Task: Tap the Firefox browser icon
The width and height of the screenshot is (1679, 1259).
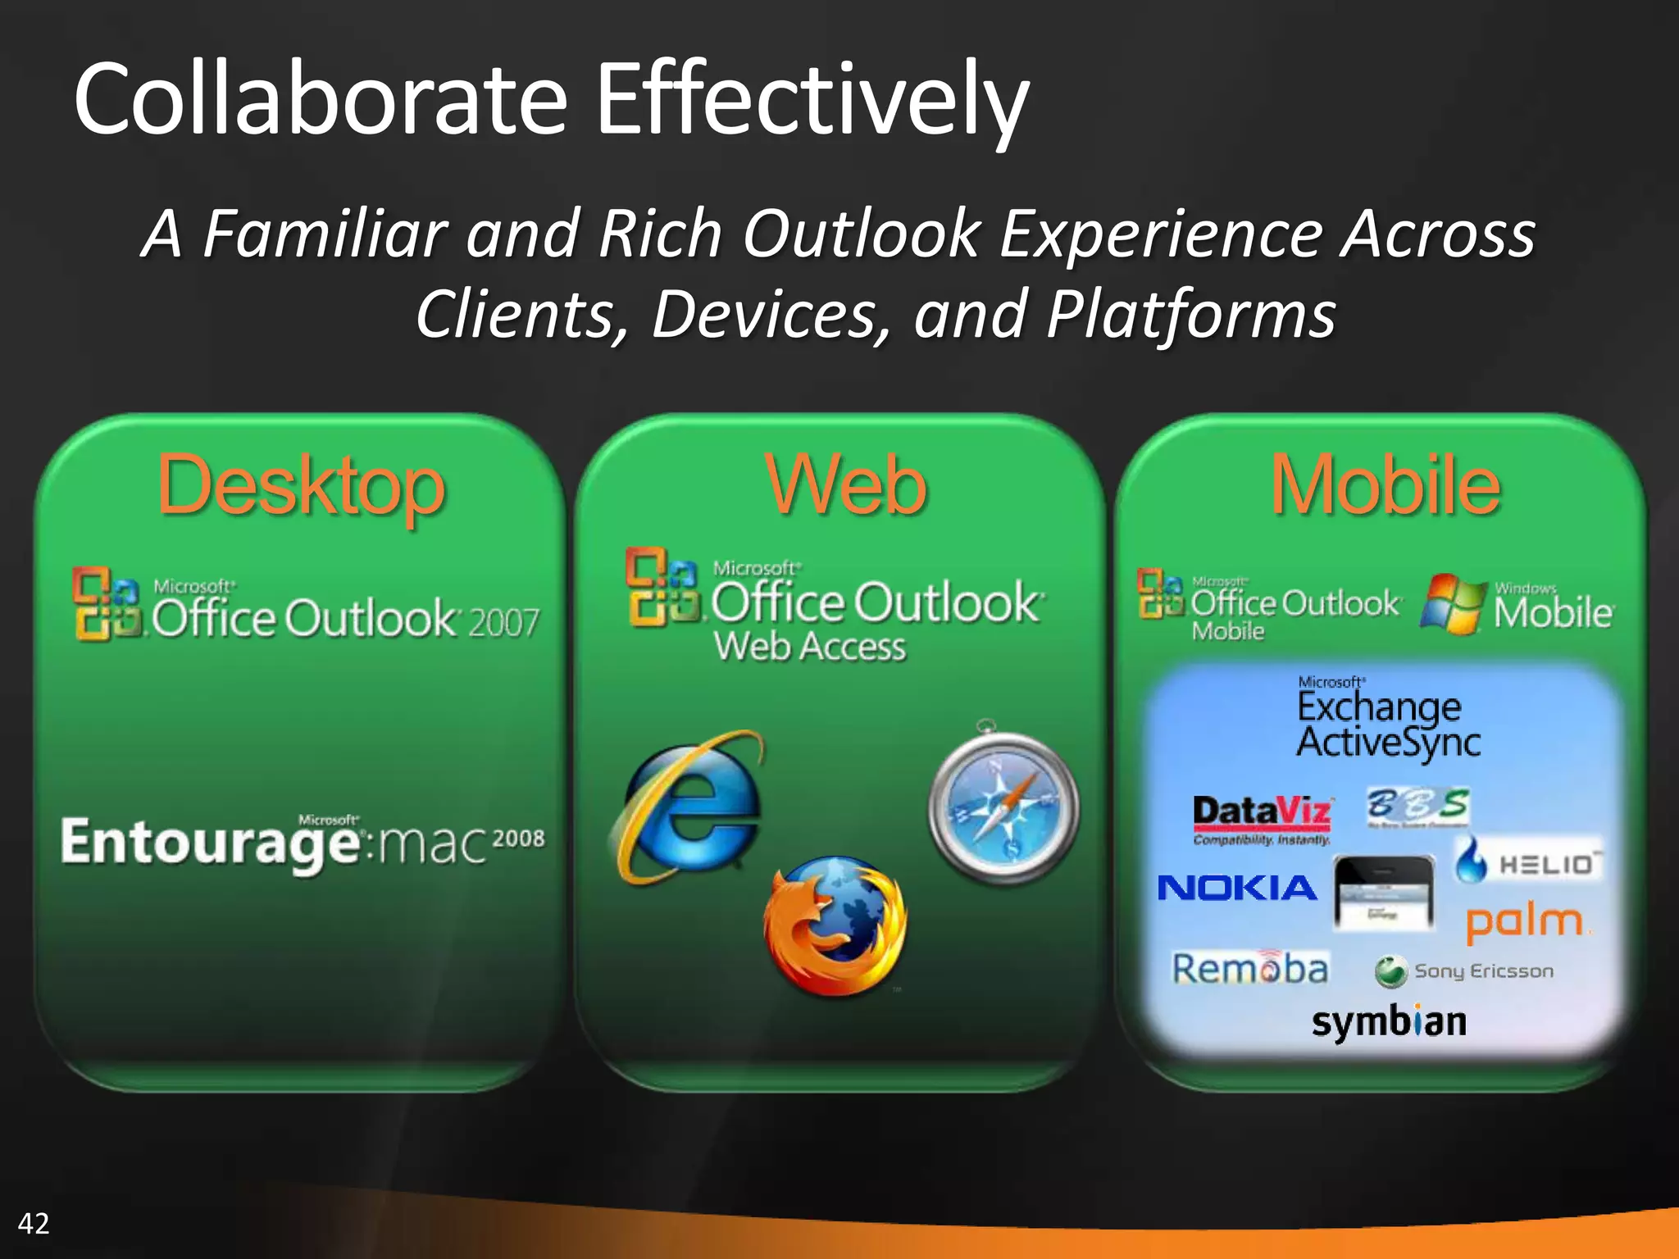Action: click(x=835, y=926)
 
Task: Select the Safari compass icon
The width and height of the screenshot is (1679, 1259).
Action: click(x=1003, y=807)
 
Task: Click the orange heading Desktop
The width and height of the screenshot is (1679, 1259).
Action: click(x=301, y=486)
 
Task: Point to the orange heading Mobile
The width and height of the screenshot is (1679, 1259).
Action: click(x=1385, y=486)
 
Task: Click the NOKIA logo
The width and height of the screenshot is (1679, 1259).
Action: click(x=1236, y=888)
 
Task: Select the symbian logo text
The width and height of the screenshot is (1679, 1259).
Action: click(x=1389, y=1022)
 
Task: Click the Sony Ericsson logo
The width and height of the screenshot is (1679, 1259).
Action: click(x=1464, y=971)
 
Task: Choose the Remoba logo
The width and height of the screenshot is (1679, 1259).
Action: click(x=1249, y=969)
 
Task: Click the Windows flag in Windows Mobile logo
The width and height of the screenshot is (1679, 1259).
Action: click(x=1453, y=604)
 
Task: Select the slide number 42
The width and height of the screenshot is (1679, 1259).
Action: click(x=34, y=1224)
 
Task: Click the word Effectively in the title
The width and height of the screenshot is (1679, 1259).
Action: click(x=812, y=100)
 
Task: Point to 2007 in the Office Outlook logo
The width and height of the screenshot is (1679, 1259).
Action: click(x=503, y=622)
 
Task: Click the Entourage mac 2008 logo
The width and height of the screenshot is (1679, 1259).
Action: click(x=302, y=842)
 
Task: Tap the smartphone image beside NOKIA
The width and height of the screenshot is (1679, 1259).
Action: click(x=1384, y=893)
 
